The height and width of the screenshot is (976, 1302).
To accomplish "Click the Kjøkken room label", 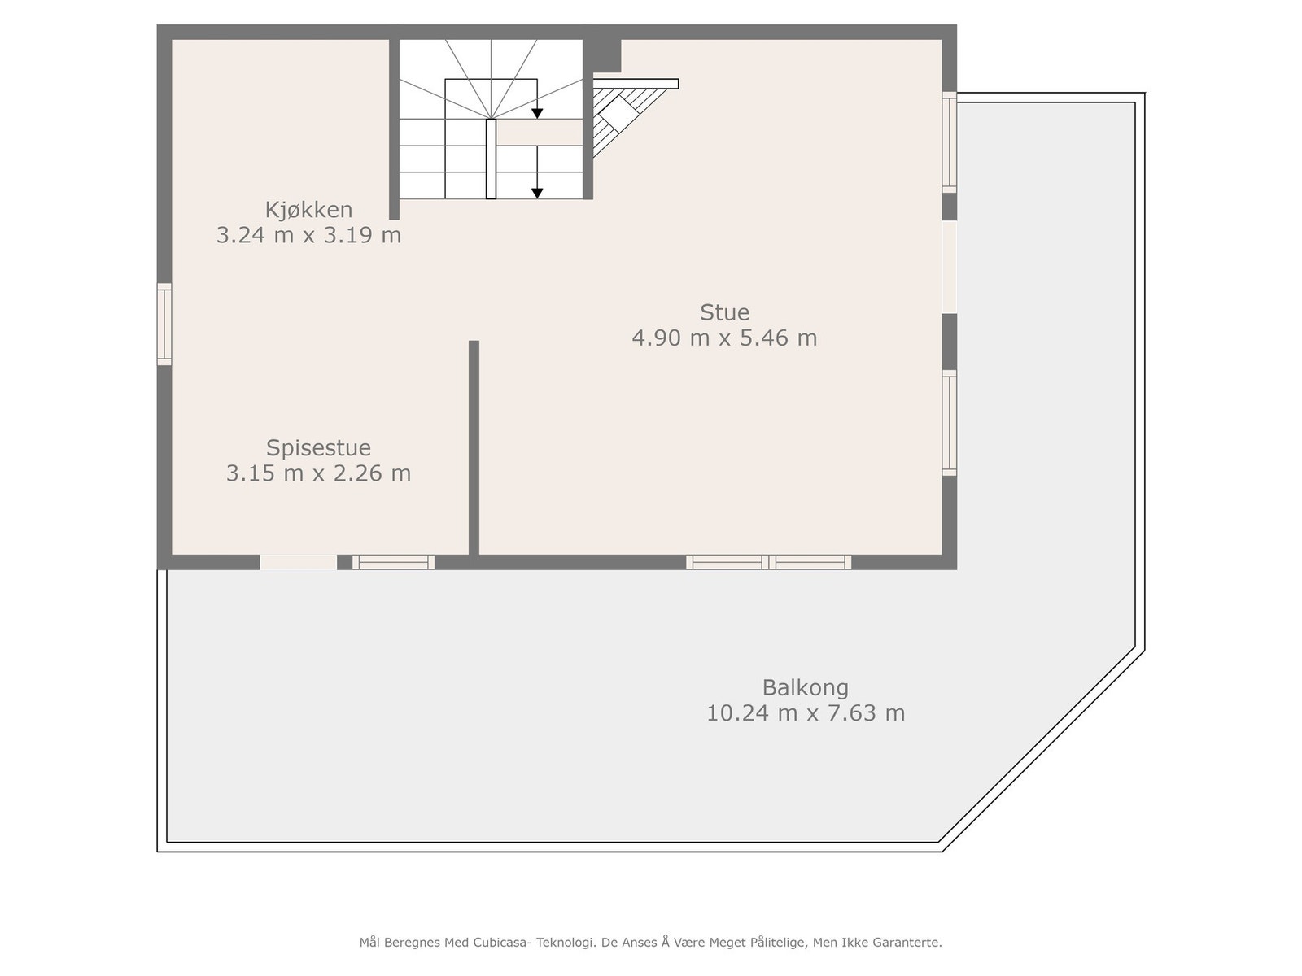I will (x=308, y=210).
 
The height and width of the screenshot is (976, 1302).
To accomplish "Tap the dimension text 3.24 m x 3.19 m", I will (x=308, y=236).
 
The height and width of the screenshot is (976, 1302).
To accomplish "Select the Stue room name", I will (x=724, y=312).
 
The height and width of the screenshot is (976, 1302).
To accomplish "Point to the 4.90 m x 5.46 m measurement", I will (x=724, y=338).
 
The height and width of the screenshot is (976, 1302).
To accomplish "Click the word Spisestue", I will (x=318, y=448).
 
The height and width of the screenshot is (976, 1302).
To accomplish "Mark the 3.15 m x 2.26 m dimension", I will (x=318, y=473).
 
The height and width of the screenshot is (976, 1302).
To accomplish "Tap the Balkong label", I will (x=805, y=688).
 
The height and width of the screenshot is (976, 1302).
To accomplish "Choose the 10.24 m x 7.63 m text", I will (x=805, y=713).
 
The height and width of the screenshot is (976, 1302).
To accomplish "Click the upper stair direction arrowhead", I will (x=537, y=113).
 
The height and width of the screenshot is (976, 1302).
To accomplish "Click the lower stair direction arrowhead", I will (x=537, y=193).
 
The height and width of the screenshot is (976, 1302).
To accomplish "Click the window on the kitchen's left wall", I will (x=164, y=324).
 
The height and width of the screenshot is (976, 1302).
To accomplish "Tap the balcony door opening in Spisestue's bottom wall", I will (x=298, y=562).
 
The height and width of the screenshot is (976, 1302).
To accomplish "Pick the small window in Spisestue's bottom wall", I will (x=393, y=562).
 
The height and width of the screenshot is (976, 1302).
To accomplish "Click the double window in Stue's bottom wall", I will (x=768, y=562).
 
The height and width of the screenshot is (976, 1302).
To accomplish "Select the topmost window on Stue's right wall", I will (x=949, y=142).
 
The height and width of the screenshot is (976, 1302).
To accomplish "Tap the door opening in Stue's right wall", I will (x=949, y=267).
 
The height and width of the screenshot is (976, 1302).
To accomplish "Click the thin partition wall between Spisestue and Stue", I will (x=474, y=447).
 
